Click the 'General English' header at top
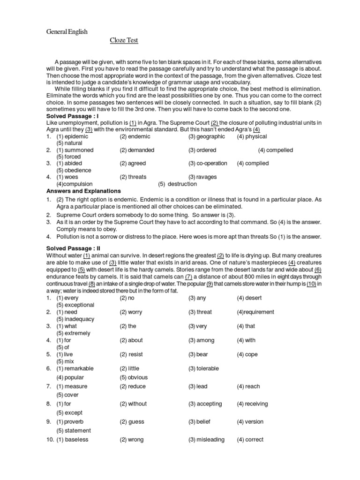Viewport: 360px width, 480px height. (66, 31)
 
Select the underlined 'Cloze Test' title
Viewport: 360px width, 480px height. (124, 41)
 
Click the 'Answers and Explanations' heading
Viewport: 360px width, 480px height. (83, 191)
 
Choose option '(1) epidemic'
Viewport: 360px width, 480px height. (72, 136)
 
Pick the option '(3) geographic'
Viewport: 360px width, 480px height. (207, 136)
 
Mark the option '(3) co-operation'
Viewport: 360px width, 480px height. (208, 164)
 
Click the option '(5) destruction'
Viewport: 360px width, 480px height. (177, 184)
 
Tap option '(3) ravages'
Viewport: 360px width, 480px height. (203, 177)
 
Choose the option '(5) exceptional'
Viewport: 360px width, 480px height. (75, 305)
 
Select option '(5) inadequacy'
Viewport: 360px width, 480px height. (75, 319)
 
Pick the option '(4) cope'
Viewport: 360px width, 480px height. (247, 354)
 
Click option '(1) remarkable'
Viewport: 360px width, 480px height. (75, 368)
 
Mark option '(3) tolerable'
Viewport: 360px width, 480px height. (203, 368)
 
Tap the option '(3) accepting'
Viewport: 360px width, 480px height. (205, 404)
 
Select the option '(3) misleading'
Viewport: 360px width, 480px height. (206, 440)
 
